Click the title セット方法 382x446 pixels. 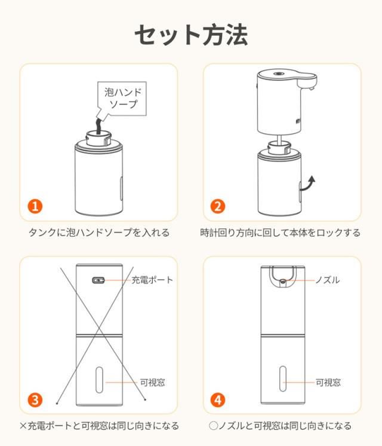pyautogui.click(x=191, y=35)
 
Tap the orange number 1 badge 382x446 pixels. pyautogui.click(x=35, y=206)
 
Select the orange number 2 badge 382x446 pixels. pyautogui.click(x=218, y=206)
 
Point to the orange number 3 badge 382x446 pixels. pyautogui.click(x=35, y=400)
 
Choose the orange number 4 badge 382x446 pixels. pyautogui.click(x=218, y=400)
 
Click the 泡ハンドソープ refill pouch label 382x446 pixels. pyautogui.click(x=122, y=98)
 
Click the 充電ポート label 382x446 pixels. pyautogui.click(x=152, y=280)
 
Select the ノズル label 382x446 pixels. pyautogui.click(x=328, y=280)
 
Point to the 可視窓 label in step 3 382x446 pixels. pyautogui.click(x=153, y=382)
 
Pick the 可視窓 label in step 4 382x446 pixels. pyautogui.click(x=328, y=382)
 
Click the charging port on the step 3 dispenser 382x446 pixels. pyautogui.click(x=98, y=280)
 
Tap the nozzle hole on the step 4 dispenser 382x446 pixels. pyautogui.click(x=282, y=282)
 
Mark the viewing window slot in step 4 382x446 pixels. pyautogui.click(x=283, y=378)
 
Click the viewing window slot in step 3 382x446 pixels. pyautogui.click(x=99, y=380)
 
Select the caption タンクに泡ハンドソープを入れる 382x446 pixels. pyautogui.click(x=99, y=233)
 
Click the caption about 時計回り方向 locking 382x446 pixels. pyautogui.click(x=280, y=233)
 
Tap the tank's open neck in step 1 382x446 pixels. pyautogui.click(x=98, y=138)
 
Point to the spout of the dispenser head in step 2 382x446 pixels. pyautogui.click(x=307, y=83)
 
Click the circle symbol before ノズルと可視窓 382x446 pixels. pyautogui.click(x=213, y=426)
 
